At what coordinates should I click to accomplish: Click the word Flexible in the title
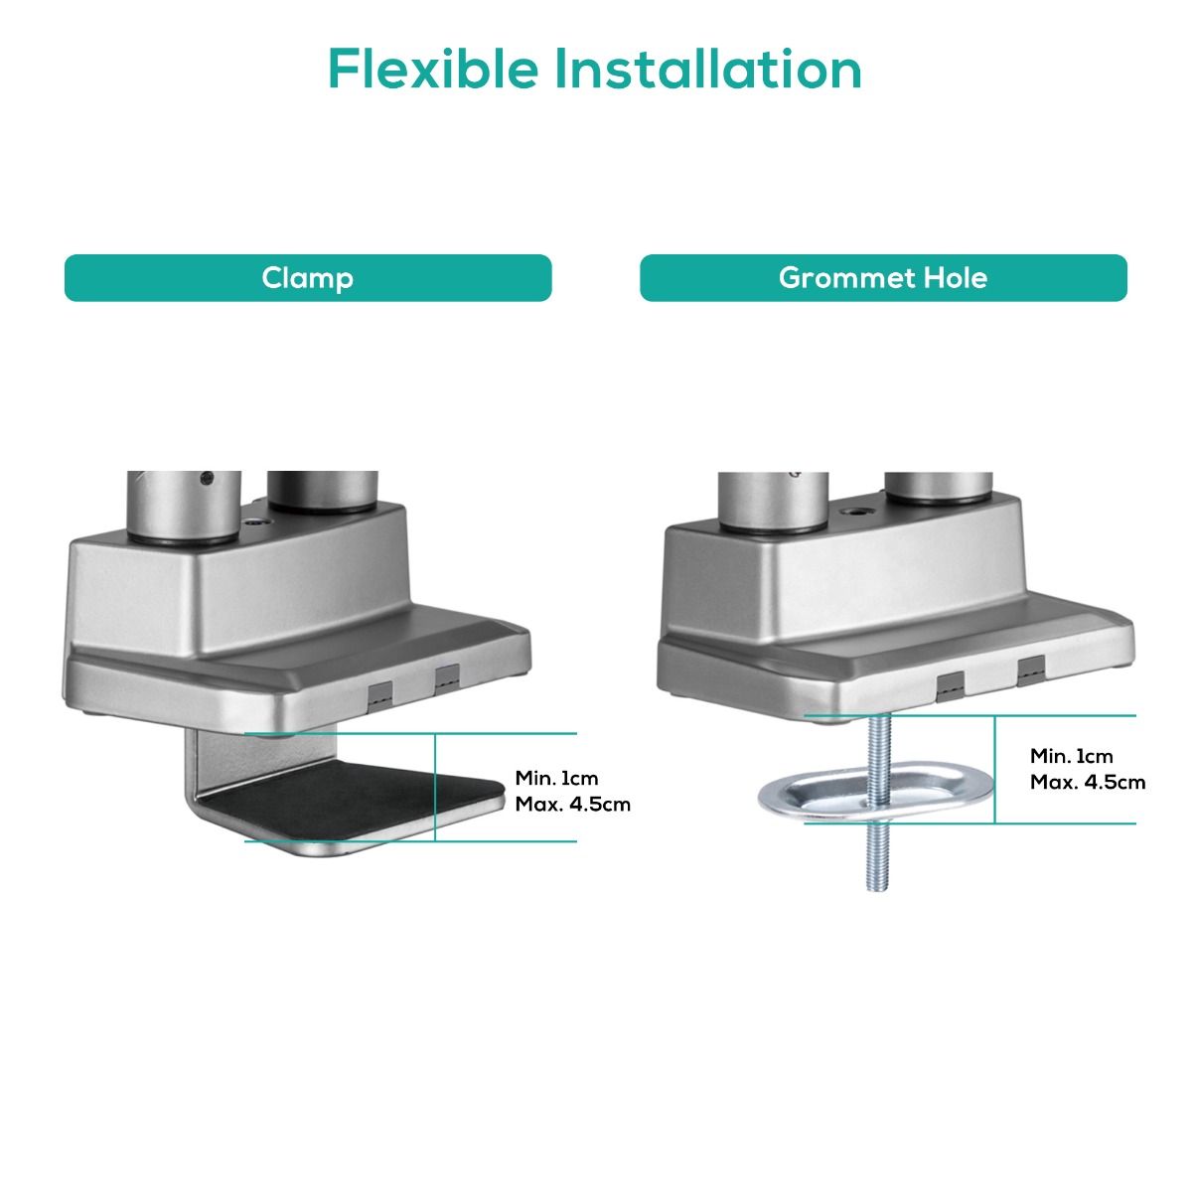[433, 69]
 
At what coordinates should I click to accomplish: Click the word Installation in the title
[707, 69]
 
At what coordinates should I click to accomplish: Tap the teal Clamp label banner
[307, 278]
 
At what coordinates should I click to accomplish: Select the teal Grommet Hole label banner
[883, 278]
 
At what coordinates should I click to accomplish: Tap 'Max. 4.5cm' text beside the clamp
[573, 805]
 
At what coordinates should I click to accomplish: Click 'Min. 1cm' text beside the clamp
[556, 778]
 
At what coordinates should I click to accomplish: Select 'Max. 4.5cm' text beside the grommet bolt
[1088, 782]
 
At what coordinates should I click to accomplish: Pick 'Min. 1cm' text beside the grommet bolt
[1072, 756]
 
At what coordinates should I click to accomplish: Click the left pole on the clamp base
[184, 508]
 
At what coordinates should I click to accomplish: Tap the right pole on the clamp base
[322, 493]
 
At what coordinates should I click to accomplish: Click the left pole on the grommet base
[773, 502]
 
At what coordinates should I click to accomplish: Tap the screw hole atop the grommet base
[858, 513]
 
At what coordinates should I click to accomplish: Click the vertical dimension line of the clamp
[435, 788]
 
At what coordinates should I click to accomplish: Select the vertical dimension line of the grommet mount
[994, 770]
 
